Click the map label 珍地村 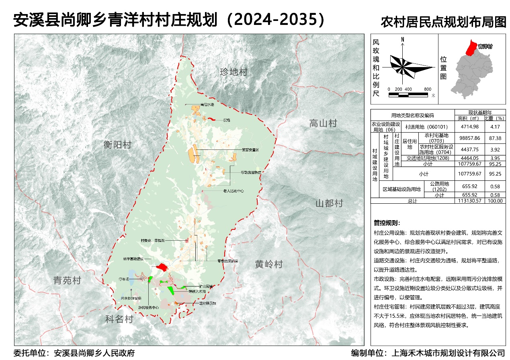point(233,72)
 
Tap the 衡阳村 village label point(117,145)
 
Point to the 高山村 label point(323,123)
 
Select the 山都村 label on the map point(329,203)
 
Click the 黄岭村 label point(269,264)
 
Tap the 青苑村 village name point(68,280)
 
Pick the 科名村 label point(119,319)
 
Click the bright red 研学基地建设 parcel point(162,266)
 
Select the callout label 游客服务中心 point(149,307)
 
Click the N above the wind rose point(402,40)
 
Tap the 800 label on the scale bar point(427,89)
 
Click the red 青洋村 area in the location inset point(470,48)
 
